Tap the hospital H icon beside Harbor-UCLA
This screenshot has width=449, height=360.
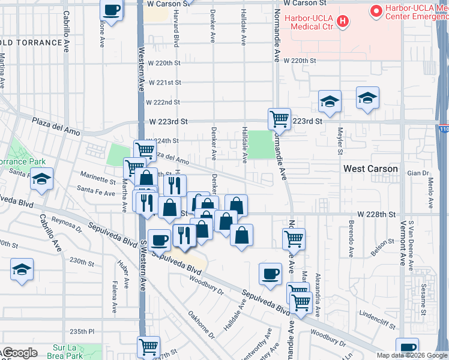tap(343, 22)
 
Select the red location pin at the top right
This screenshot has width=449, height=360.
tap(376, 10)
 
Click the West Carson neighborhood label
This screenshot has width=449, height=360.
tap(370, 169)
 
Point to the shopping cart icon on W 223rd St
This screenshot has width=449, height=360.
tap(279, 119)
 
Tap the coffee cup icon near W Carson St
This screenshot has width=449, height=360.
tap(112, 10)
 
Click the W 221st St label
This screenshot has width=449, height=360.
tap(164, 82)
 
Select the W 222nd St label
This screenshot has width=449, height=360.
tap(164, 102)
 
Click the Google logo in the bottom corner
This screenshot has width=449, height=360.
tap(20, 353)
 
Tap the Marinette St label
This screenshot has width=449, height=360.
tap(98, 180)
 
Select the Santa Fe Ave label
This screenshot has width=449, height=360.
tap(95, 193)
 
